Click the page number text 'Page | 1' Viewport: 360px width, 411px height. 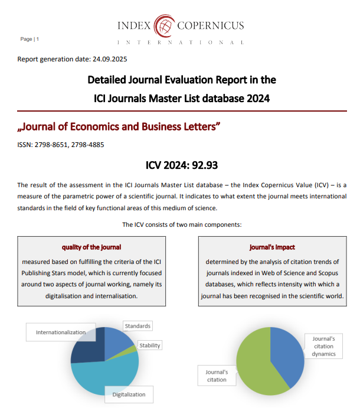coord(30,39)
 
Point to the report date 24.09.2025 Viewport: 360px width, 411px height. coord(110,59)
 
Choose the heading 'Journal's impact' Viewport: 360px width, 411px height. coord(272,247)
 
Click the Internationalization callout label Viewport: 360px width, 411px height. coord(60,332)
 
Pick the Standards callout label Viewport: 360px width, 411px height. coord(138,326)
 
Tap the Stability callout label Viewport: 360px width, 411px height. coord(149,345)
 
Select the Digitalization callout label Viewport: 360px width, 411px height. coord(129,394)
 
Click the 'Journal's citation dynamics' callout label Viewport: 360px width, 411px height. coord(323,346)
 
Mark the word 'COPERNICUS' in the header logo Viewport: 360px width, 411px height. coord(211,25)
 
